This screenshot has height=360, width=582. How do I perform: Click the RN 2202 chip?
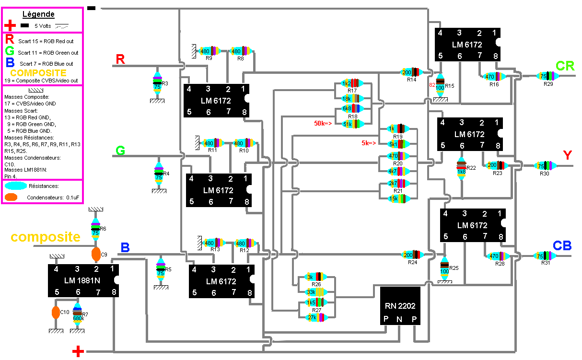pos(400,306)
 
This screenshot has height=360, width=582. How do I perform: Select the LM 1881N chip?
pos(83,280)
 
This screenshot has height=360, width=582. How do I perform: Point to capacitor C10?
pos(56,313)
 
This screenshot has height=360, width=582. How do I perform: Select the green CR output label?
pos(565,66)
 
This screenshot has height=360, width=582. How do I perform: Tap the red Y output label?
pos(568,155)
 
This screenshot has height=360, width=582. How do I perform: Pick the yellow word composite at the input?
pos(46,237)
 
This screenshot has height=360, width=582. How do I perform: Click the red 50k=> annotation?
pos(323,124)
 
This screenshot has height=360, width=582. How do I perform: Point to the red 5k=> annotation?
pos(370,143)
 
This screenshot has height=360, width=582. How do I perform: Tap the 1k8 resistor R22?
pos(461,168)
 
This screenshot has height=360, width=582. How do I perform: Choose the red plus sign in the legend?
pos(10,25)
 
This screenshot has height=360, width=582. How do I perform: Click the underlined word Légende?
pos(39,14)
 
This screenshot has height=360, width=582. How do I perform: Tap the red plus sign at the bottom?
pos(78,351)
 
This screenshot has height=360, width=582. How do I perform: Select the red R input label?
pos(121,59)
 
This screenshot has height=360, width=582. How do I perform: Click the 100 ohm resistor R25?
pos(444,267)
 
